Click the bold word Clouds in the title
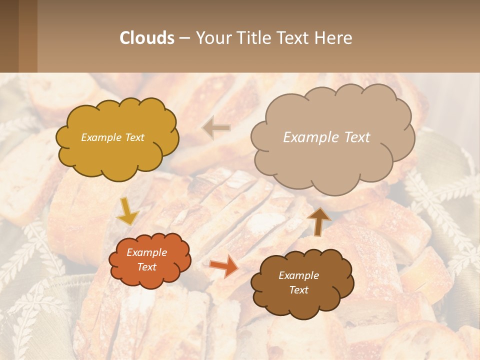click(x=147, y=38)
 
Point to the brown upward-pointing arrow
click(x=319, y=220)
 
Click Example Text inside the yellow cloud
click(x=112, y=137)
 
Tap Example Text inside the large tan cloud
click(x=326, y=137)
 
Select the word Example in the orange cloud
click(x=146, y=252)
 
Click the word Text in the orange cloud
click(x=147, y=267)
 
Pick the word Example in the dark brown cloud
click(x=298, y=275)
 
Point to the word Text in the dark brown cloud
click(x=299, y=290)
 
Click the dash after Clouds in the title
click(x=185, y=38)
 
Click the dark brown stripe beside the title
click(x=9, y=36)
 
